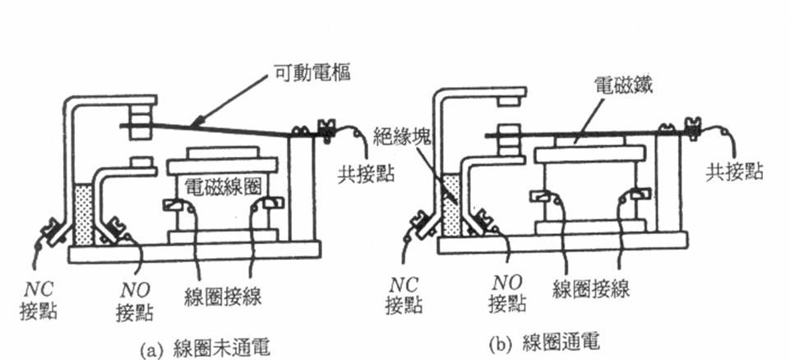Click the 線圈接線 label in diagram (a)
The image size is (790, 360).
coord(224,295)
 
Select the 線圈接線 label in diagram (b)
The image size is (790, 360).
coord(592,288)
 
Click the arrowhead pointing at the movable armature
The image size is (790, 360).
coord(194,123)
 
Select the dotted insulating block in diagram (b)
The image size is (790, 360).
coord(450,203)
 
